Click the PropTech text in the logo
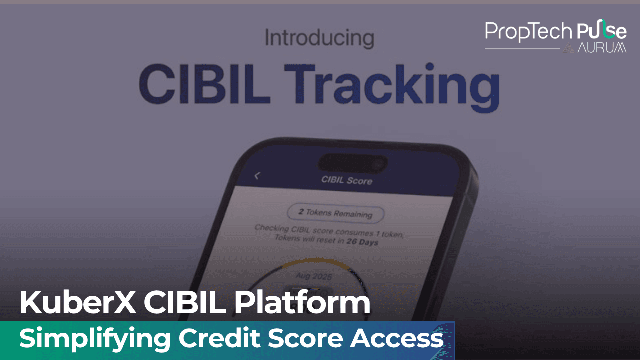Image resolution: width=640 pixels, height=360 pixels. click(x=528, y=32)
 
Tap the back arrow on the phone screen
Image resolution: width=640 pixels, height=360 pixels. click(x=257, y=175)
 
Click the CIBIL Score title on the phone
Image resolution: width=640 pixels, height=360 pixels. click(x=346, y=180)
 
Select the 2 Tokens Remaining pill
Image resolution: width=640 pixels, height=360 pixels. click(x=335, y=213)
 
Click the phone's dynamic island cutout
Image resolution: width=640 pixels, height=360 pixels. click(x=352, y=162)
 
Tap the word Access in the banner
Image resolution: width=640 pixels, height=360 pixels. click(x=396, y=339)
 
